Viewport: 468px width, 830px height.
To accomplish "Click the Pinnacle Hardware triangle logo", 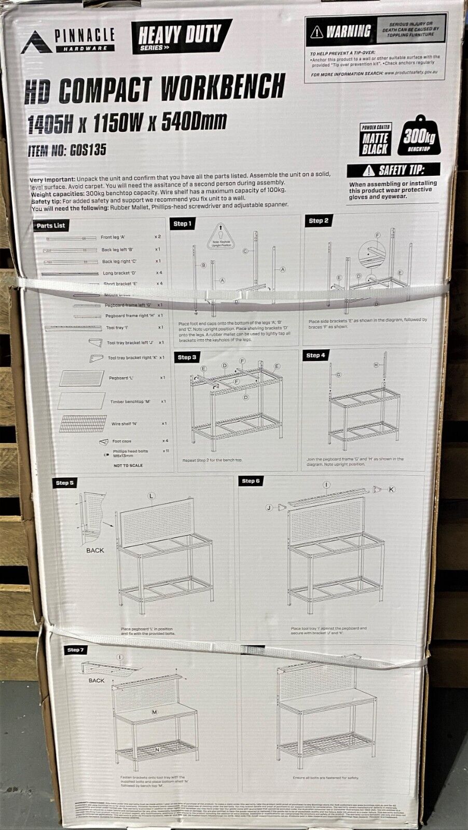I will click(36, 43).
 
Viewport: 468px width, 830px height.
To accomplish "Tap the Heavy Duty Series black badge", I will click(180, 36).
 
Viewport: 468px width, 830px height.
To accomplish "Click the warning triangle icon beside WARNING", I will click(316, 32).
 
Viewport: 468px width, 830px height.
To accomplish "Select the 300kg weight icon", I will click(419, 138).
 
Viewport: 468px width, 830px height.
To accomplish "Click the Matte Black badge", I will click(375, 140).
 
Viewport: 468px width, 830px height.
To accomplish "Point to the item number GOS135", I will click(67, 150).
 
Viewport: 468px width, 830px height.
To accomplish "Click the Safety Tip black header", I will click(394, 170).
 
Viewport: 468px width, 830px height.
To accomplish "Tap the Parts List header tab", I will click(51, 226).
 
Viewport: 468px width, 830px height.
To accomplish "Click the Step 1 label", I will click(182, 224).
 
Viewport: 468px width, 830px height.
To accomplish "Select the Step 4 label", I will click(315, 355).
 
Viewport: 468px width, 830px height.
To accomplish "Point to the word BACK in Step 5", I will click(95, 550).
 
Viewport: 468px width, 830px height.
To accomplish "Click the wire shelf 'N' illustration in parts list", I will click(83, 423).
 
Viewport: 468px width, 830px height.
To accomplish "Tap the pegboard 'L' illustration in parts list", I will click(81, 378).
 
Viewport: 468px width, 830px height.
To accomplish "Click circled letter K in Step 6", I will click(391, 489).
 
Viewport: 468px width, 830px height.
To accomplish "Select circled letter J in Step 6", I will click(269, 507).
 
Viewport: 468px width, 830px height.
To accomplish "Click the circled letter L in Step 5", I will click(152, 496).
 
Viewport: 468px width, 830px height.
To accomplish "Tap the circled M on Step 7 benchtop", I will click(154, 712).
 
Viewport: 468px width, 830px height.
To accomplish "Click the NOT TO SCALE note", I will click(128, 465).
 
